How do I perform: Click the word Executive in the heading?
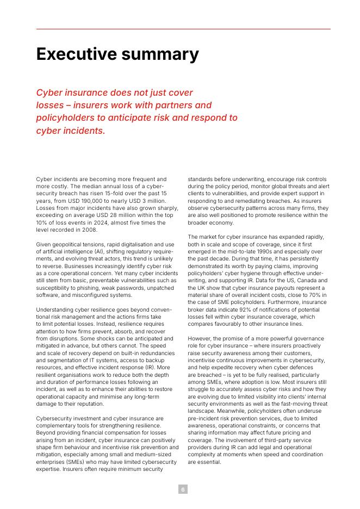(76, 54)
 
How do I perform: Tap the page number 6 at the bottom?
(183, 489)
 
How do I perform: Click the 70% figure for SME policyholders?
(320, 295)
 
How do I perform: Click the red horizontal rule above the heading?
(183, 29)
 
